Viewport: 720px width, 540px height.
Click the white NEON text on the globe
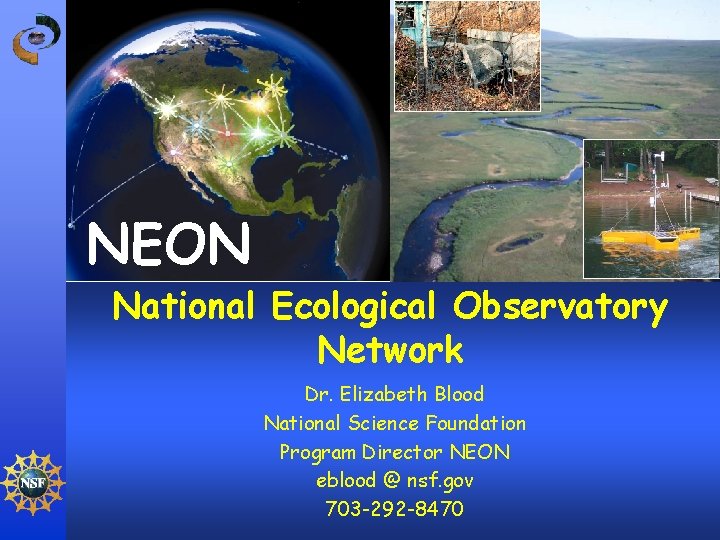pos(168,245)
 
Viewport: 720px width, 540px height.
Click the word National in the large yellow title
pos(185,308)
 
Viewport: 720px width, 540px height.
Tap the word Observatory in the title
pos(560,308)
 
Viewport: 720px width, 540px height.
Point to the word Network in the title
pos(390,350)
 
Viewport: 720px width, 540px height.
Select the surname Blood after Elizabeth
pos(457,394)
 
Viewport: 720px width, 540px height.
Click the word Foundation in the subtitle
pos(475,423)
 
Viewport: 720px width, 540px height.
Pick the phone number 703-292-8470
pos(394,510)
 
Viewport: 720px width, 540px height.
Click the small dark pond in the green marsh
pos(519,242)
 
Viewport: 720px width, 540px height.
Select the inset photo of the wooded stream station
pos(466,55)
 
